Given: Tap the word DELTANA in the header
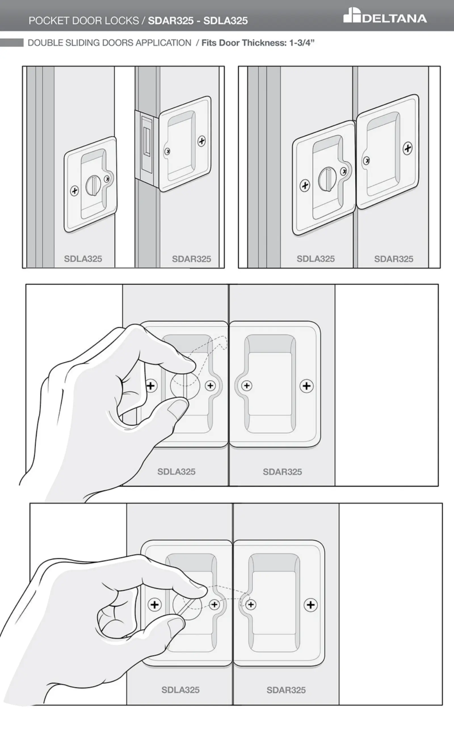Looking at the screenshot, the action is pyautogui.click(x=394, y=19).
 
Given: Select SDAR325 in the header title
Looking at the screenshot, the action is pyautogui.click(x=171, y=20).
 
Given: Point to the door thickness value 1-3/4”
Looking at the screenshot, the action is pyautogui.click(x=302, y=43).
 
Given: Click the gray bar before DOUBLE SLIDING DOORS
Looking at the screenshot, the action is pyautogui.click(x=12, y=43).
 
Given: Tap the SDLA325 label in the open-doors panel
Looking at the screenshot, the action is pyautogui.click(x=83, y=259).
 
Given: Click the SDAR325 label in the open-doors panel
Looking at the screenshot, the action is pyautogui.click(x=192, y=259).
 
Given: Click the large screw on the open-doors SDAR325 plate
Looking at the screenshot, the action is pyautogui.click(x=201, y=141).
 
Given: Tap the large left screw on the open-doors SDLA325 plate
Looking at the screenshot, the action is pyautogui.click(x=74, y=191).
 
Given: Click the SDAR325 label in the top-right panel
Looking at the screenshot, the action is pyautogui.click(x=394, y=259).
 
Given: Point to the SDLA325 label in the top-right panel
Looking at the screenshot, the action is pyautogui.click(x=316, y=259).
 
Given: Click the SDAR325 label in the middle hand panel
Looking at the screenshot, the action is pyautogui.click(x=282, y=471).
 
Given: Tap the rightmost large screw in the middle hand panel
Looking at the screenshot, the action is pyautogui.click(x=306, y=386).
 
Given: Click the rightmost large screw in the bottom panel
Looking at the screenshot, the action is pyautogui.click(x=311, y=605).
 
